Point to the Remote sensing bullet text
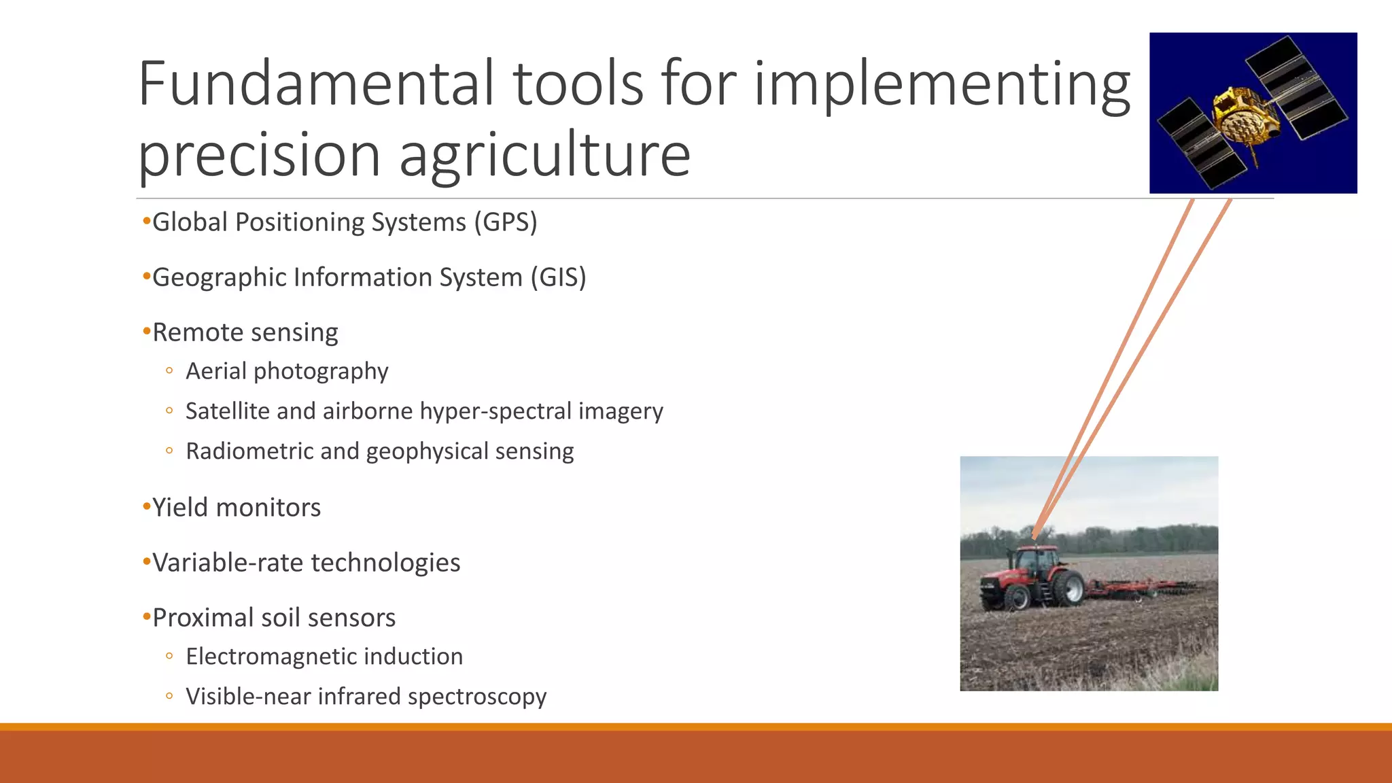245,333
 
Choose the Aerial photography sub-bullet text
287,371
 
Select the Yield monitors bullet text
236,508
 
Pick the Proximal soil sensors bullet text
273,618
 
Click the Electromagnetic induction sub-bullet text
324,657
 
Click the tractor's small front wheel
1017,597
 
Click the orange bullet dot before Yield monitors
145,507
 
